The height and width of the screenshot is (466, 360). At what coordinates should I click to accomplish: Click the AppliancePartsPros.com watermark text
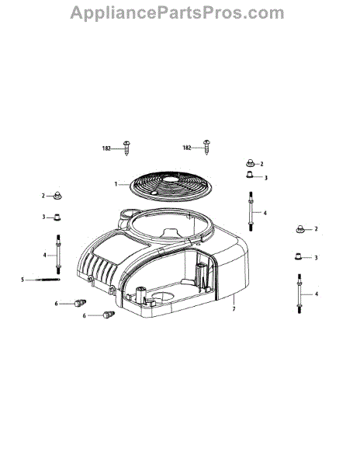point(177,13)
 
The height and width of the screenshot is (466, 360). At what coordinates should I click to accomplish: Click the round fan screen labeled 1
point(171,186)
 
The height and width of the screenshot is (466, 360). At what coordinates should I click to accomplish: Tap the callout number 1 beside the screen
point(116,184)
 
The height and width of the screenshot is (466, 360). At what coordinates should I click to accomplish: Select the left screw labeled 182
point(127,148)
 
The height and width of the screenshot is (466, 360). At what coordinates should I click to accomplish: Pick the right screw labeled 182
point(207,147)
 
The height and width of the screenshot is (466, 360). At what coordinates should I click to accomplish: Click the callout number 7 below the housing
point(234,309)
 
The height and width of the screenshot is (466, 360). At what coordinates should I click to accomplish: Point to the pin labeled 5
point(48,280)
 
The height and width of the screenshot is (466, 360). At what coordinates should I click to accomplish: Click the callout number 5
point(22,280)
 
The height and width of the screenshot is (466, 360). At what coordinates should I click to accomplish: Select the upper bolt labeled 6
point(80,303)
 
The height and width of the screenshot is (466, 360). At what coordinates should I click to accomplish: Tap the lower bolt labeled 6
point(109,315)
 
